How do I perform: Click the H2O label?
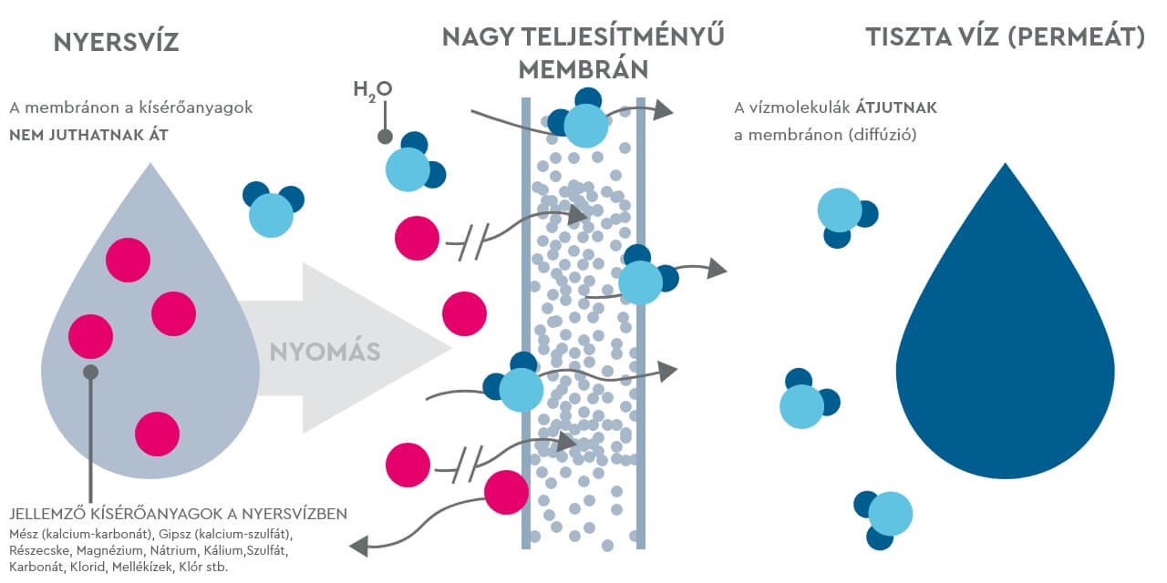pyautogui.click(x=372, y=88)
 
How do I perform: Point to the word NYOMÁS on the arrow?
pyautogui.click(x=325, y=352)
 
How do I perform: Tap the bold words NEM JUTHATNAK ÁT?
pyautogui.click(x=89, y=135)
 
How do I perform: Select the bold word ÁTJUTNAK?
pyautogui.click(x=896, y=107)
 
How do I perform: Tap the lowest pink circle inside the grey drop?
pyautogui.click(x=158, y=434)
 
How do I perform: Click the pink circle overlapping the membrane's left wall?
pyautogui.click(x=506, y=492)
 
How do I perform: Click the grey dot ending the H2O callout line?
pyautogui.click(x=385, y=137)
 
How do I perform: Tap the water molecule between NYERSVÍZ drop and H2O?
pyautogui.click(x=272, y=210)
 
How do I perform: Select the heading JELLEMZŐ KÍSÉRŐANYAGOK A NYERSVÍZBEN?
pyautogui.click(x=178, y=514)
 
